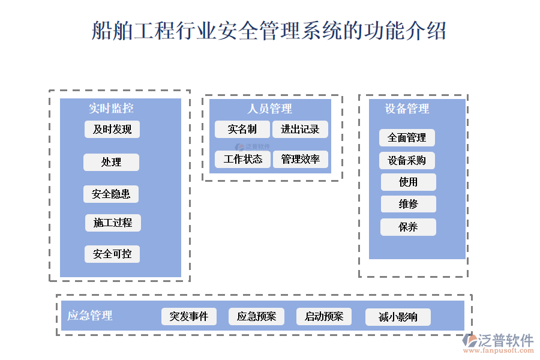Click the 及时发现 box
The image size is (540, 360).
pos(112,129)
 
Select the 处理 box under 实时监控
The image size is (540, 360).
pos(111,162)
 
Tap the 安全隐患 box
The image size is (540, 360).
pos(111,194)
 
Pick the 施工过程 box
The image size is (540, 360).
pos(113,223)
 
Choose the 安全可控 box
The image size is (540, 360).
pos(112,254)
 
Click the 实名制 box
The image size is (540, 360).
pos(242,129)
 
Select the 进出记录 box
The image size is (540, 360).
pos(301,129)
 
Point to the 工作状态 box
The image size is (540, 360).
pos(243,159)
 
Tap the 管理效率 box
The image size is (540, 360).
pos(301,159)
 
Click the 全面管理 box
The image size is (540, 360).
pos(407,137)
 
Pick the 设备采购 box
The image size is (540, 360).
pos(407,160)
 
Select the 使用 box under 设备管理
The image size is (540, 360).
pos(408,182)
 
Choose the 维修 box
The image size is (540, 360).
pos(408,204)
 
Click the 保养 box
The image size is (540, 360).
pos(408,227)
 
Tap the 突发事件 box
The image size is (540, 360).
pos(189,316)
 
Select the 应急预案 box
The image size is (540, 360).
pos(256,316)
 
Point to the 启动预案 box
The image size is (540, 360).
pos(324,316)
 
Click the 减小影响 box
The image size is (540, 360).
pos(398,317)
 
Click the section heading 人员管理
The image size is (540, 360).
pos(270,109)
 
